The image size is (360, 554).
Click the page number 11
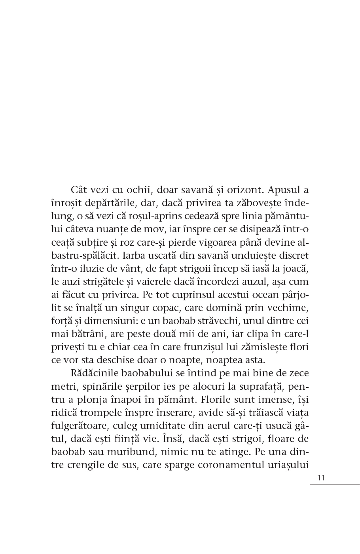pos(320,478)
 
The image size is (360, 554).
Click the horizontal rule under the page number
pos(335,484)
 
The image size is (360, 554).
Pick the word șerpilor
pos(141,386)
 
